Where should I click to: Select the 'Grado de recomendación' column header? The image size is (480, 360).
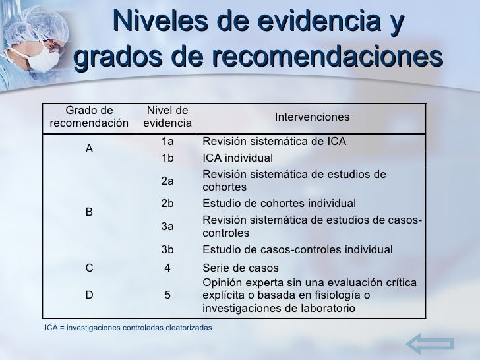89,117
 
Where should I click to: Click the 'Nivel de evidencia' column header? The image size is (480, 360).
167,117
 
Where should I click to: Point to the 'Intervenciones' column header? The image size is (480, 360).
312,117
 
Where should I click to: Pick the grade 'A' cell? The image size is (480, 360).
89,149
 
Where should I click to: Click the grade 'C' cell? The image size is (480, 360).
89,268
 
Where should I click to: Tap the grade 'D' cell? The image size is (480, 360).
89,295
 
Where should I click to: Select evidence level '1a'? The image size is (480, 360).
167,141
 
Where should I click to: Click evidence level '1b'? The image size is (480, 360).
167,158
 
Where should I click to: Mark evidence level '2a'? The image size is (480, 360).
167,181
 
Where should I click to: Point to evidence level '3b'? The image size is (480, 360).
167,249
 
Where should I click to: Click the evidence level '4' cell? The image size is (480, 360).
167,268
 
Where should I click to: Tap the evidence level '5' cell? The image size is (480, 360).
167,295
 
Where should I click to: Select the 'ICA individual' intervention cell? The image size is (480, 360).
237,158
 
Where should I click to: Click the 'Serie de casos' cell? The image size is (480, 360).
240,268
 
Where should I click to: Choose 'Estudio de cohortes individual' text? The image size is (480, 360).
279,203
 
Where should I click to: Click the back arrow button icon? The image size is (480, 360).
429,344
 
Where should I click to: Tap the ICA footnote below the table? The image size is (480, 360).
128,328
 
